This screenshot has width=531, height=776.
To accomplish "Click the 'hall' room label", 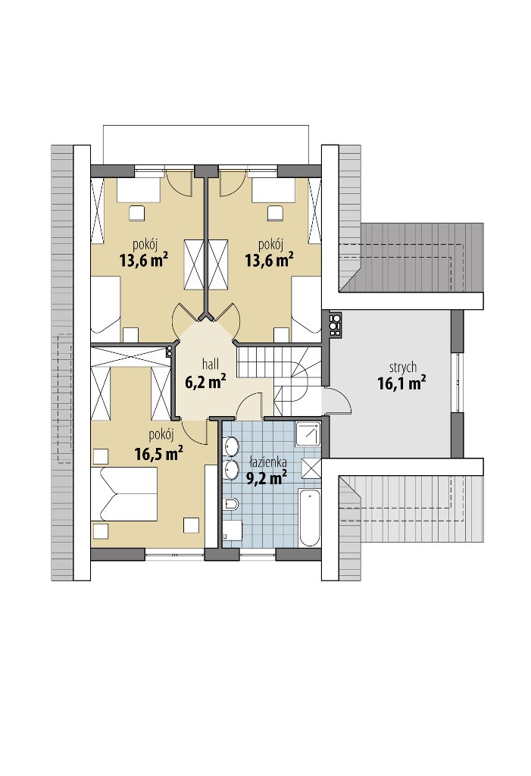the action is tap(211, 365).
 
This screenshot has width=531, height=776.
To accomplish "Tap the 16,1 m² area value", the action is tap(402, 383).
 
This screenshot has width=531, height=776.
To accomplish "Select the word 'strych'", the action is tap(403, 368).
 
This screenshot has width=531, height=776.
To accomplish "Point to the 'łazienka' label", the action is tap(268, 463).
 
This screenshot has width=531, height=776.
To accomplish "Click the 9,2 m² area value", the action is tap(267, 477).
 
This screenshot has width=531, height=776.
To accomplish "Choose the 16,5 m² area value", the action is tap(159, 453).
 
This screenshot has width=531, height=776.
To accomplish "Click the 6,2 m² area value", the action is tap(206, 381).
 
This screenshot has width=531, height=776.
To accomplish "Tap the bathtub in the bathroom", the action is tap(309, 517).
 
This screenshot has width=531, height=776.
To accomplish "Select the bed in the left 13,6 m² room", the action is tap(106, 305).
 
